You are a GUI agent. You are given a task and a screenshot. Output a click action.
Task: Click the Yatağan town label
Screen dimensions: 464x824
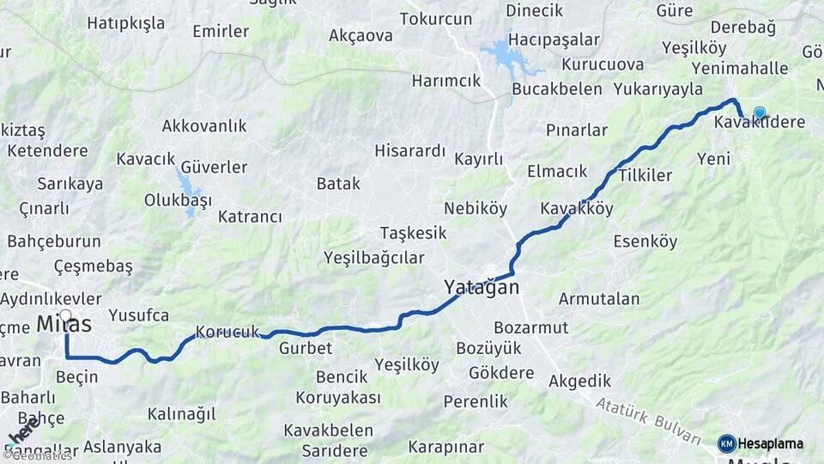(482, 287)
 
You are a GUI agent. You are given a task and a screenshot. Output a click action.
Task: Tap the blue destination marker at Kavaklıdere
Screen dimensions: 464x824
(759, 113)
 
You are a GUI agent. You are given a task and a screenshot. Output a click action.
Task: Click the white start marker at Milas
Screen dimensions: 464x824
(65, 315)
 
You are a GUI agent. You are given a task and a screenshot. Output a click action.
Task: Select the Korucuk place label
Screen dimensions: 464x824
(227, 331)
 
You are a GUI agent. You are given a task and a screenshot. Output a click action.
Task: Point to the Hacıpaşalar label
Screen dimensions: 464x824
(554, 40)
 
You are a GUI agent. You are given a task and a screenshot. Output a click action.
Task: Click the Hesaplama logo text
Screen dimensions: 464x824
(771, 444)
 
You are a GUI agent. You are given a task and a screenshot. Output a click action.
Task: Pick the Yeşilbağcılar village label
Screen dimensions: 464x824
(374, 257)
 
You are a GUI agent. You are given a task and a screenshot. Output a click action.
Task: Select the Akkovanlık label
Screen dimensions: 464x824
(204, 126)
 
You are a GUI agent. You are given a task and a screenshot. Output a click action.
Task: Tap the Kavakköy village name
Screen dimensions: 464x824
(577, 209)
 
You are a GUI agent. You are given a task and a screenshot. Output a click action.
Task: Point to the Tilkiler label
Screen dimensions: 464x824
(645, 175)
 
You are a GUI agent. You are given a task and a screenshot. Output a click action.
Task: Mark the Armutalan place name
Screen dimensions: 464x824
(599, 299)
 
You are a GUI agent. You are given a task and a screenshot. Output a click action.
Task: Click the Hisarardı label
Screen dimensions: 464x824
(409, 151)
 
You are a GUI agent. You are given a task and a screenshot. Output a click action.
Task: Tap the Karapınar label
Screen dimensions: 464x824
(445, 447)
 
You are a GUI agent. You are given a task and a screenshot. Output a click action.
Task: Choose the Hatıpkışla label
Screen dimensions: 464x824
(125, 23)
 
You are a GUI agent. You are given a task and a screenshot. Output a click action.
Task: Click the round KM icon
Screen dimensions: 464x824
(727, 444)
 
